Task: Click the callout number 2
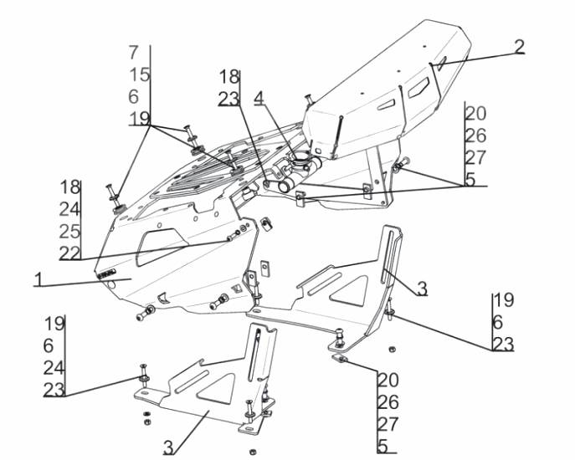tap(520, 46)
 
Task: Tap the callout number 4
tap(259, 98)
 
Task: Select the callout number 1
tap(39, 279)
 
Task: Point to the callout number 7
tap(134, 52)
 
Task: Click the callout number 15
tap(140, 74)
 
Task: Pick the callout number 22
tap(69, 253)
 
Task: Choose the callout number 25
tap(69, 230)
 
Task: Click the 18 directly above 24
tap(69, 186)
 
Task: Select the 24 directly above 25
tap(69, 208)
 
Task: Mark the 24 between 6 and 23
tap(54, 367)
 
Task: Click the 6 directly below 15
tap(134, 96)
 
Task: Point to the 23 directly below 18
tap(228, 99)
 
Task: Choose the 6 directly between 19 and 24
tap(49, 345)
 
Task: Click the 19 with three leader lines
tap(140, 118)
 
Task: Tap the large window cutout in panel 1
tap(164, 241)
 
